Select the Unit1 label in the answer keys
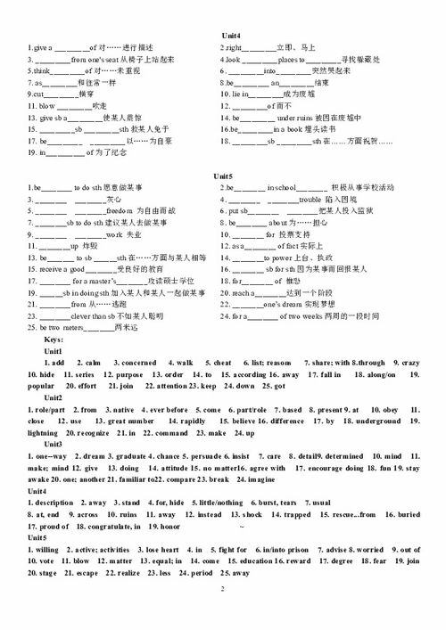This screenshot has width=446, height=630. click(x=55, y=351)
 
